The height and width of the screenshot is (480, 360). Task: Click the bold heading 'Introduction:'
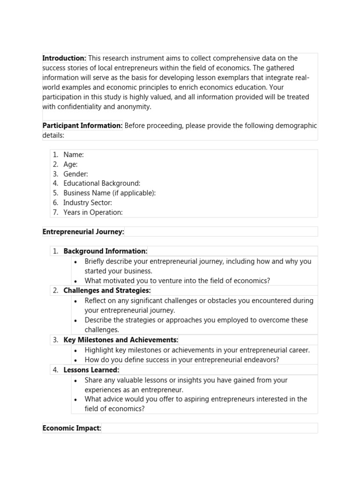click(64, 58)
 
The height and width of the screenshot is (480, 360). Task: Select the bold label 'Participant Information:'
click(82, 126)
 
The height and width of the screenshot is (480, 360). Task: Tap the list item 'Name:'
click(74, 154)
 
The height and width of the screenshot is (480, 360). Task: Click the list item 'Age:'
click(70, 164)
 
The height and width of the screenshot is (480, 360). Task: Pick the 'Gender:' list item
click(75, 174)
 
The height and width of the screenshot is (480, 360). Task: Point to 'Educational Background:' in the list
click(102, 183)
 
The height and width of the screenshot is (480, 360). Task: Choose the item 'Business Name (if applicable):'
click(109, 193)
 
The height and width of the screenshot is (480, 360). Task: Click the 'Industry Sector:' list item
click(88, 203)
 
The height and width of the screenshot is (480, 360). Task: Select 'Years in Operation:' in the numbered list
click(93, 212)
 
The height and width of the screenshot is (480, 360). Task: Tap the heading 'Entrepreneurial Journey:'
click(83, 232)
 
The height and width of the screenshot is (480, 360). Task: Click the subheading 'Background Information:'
click(105, 251)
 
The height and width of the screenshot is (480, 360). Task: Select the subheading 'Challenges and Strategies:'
click(107, 291)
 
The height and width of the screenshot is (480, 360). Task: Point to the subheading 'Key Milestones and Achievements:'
click(121, 340)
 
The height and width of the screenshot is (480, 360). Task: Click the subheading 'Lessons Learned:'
click(91, 370)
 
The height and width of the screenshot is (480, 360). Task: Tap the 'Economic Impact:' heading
click(72, 428)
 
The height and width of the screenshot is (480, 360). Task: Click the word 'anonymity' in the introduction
click(134, 106)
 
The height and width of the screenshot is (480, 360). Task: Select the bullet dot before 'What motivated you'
click(75, 281)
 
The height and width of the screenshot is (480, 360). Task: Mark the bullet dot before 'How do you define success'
click(75, 360)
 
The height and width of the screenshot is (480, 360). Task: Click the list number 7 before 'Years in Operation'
click(55, 212)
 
